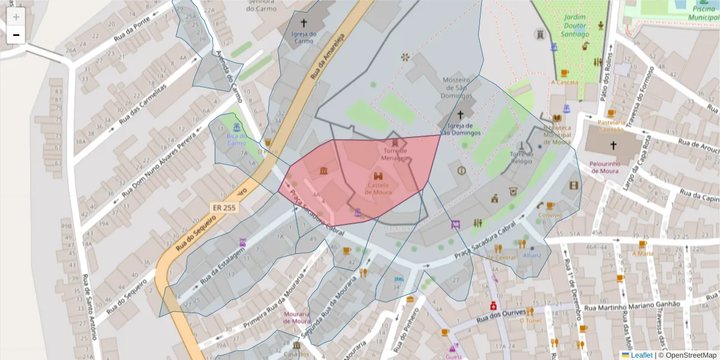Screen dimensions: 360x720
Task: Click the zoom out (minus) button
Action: tap(16, 35)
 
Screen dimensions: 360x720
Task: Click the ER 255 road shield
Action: tap(224, 207)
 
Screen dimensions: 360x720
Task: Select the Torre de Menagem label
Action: tap(395, 155)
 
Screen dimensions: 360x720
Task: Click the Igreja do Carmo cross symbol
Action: tap(304, 23)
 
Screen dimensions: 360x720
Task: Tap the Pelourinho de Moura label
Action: tap(613, 167)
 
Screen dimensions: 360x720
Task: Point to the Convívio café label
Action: tap(550, 215)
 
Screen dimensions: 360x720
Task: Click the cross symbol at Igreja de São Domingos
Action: tap(461, 114)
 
